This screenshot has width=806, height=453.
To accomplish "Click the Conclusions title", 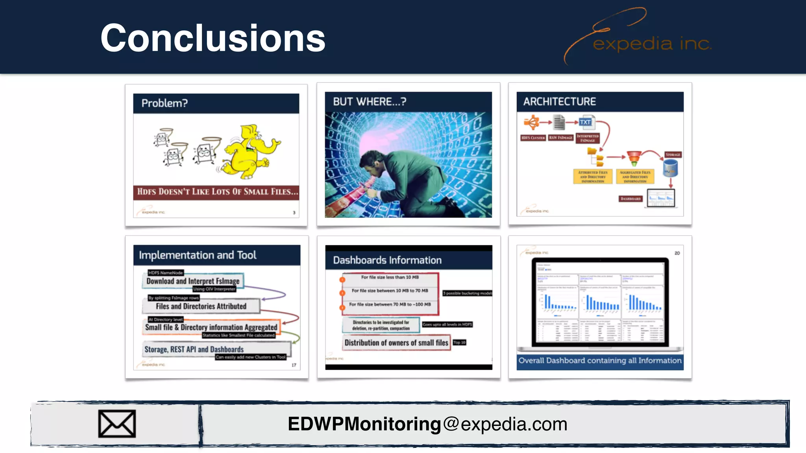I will coord(213,38).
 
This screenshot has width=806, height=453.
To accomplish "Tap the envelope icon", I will coord(117,424).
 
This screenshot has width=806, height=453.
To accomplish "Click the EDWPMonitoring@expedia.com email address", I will coord(427,424).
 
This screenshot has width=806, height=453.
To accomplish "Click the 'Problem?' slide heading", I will coord(165,103).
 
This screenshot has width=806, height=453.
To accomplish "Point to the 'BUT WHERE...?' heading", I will coord(369,102).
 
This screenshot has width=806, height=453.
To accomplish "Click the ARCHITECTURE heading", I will coord(559,102).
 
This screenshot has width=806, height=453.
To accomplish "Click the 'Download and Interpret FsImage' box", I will coord(193,281).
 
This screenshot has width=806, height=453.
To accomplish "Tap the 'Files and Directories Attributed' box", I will coord(201,306).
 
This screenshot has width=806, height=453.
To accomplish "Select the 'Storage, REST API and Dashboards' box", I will coord(194,350).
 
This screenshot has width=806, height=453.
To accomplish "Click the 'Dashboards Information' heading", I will coord(387,260).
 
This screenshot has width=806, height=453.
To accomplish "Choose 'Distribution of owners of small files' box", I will coord(396,343).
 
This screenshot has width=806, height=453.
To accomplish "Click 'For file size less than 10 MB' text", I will coord(390,277).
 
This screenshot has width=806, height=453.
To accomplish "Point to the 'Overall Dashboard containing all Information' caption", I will coord(600,361).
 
